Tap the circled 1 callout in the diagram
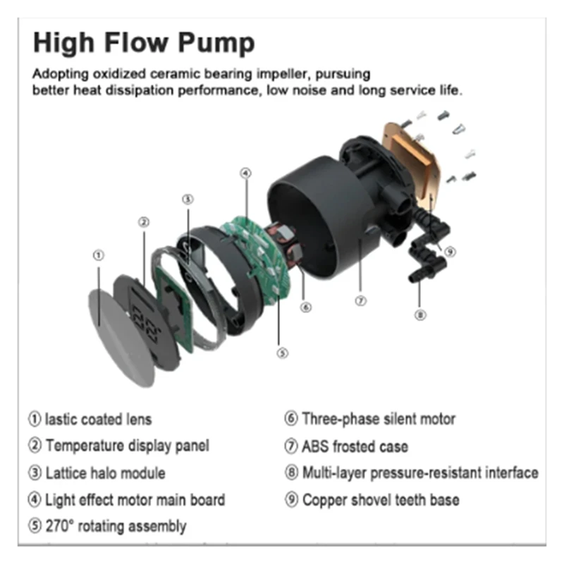[99, 255]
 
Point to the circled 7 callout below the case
[360, 300]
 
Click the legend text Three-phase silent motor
[378, 419]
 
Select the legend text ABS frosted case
[355, 446]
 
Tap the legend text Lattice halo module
[105, 473]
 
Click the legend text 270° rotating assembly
[116, 526]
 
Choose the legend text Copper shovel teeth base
[380, 500]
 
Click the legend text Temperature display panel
[127, 446]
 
